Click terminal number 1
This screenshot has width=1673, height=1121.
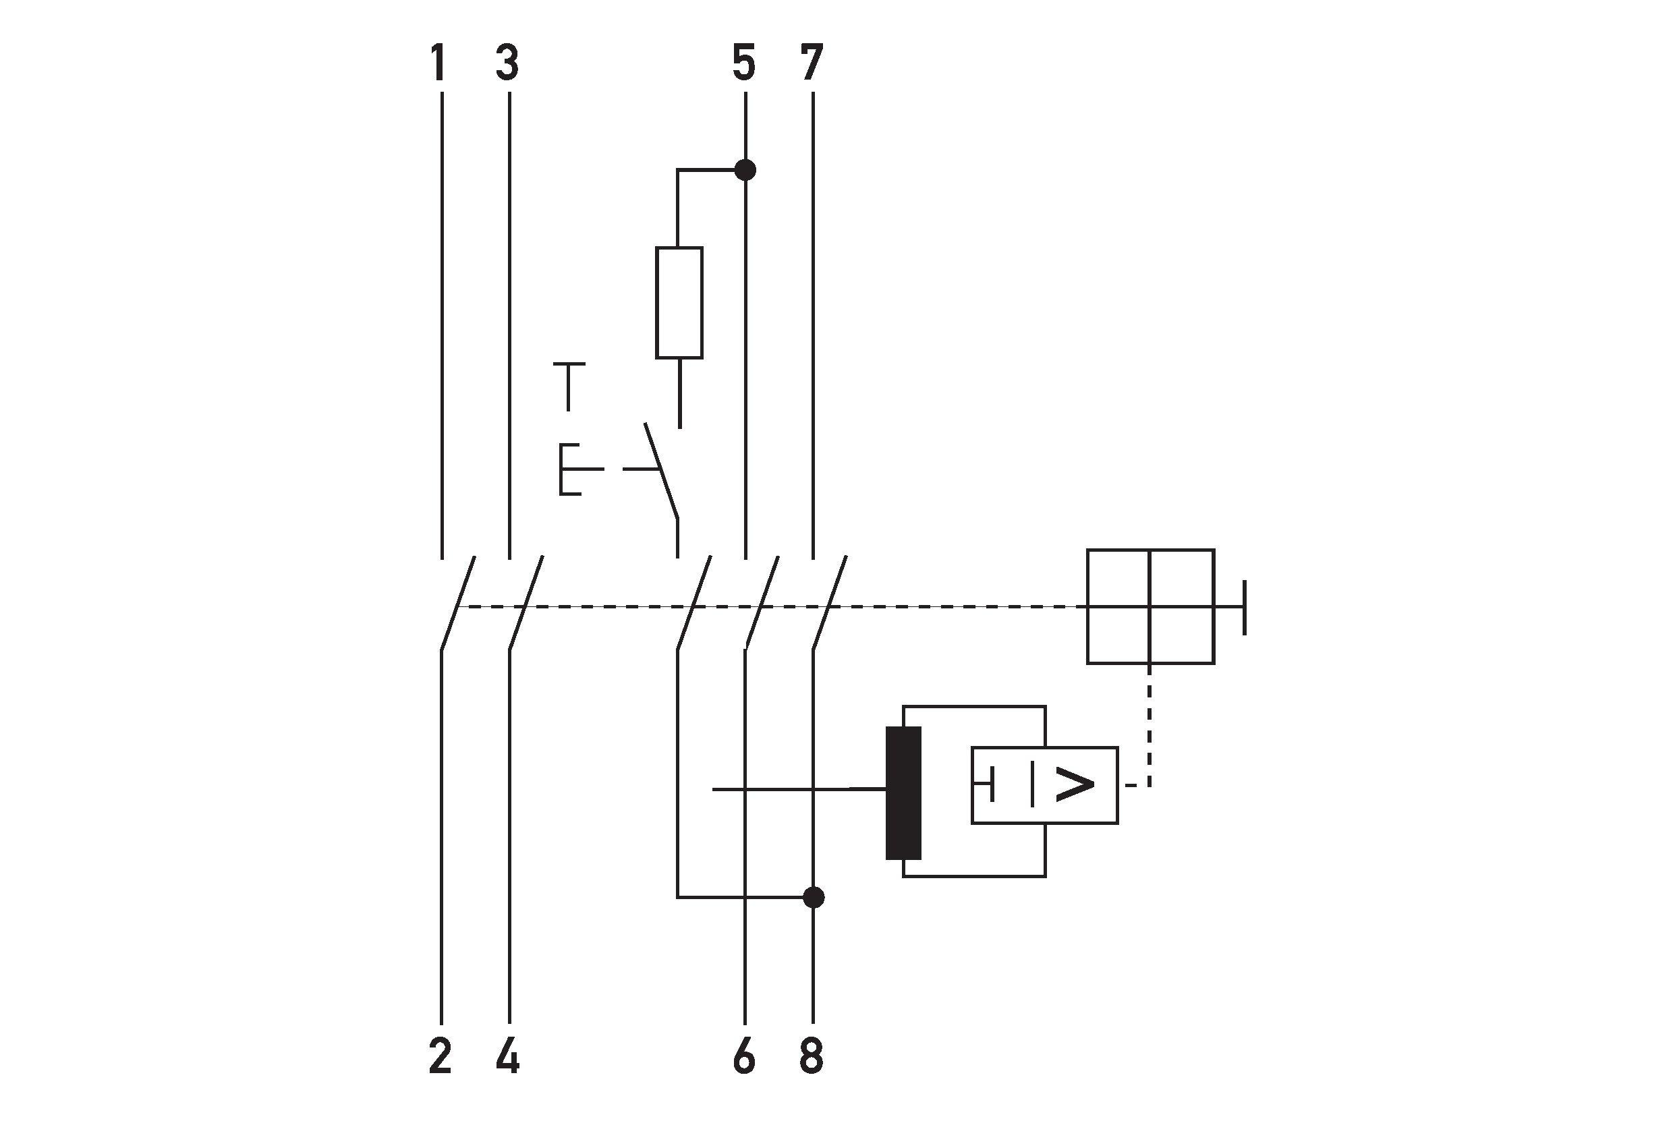pos(438,62)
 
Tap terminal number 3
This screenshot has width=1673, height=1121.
pos(507,62)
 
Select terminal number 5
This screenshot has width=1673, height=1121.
pos(744,62)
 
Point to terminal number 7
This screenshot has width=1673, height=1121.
pos(812,62)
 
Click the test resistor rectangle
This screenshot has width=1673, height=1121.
pos(679,302)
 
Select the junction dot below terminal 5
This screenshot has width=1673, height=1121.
pos(745,170)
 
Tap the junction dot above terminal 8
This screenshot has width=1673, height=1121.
pos(813,896)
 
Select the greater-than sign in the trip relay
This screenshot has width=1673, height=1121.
pos(1074,786)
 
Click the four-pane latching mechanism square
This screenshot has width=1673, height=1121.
pos(1150,606)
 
